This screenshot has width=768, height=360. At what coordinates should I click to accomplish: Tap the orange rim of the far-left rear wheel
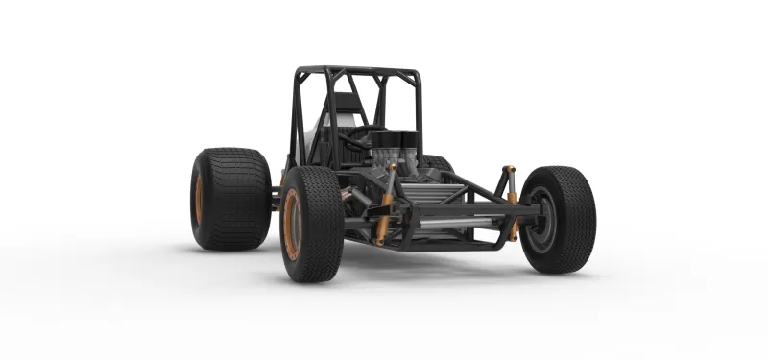tap(200, 199)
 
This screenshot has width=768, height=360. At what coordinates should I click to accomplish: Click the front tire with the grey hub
tap(559, 219)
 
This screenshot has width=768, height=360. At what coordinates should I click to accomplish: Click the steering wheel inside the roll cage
tap(356, 139)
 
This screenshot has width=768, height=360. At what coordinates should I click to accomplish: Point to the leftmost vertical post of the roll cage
tap(293, 115)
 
